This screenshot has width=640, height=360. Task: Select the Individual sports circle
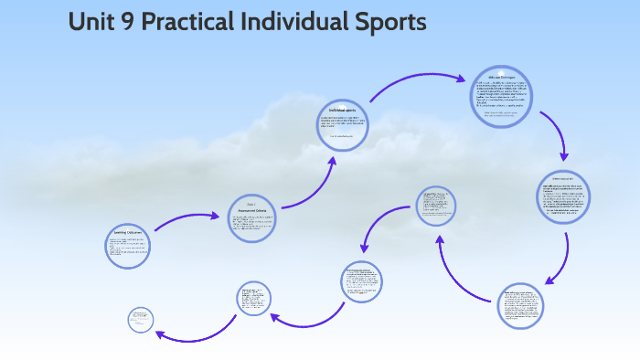[343, 125]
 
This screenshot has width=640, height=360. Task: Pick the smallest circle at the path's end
[141, 319]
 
